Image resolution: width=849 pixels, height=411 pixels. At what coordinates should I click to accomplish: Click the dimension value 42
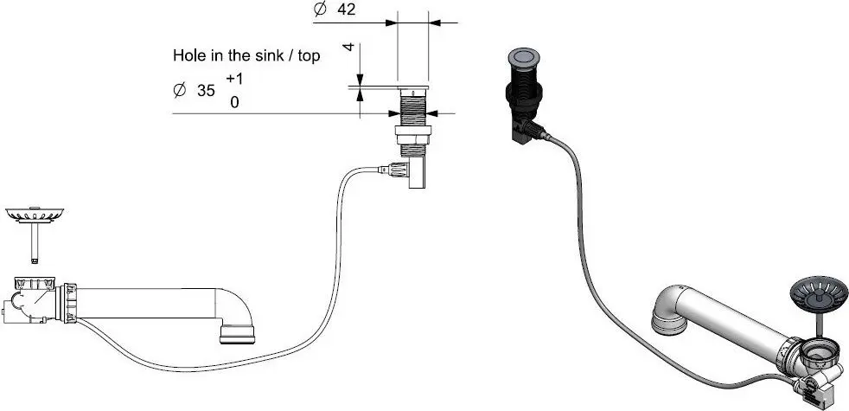click(346, 10)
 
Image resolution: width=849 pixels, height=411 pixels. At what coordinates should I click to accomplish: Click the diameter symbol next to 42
click(318, 10)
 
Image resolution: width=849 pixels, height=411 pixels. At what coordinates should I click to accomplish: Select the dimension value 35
click(206, 89)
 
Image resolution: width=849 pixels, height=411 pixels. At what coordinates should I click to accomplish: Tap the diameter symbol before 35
click(180, 89)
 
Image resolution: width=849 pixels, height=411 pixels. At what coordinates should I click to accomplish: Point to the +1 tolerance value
click(234, 78)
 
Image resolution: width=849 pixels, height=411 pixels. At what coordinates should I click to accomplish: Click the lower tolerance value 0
click(233, 101)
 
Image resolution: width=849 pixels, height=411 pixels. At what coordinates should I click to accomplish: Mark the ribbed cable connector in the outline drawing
click(399, 169)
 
